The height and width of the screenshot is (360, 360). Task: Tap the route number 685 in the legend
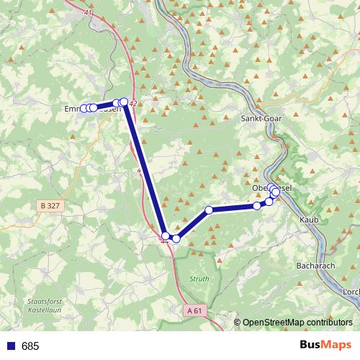[x=30, y=346]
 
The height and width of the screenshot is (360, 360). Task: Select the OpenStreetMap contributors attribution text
[x=300, y=323]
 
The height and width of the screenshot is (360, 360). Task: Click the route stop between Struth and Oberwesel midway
[x=209, y=210]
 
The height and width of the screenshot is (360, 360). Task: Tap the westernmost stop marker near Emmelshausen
[x=84, y=109]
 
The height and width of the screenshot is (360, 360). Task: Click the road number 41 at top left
[x=88, y=14]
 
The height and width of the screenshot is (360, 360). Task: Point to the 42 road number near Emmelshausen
[x=133, y=104]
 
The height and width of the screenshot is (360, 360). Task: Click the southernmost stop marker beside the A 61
[x=166, y=235]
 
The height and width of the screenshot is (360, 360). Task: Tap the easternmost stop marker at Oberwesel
[x=276, y=193]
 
